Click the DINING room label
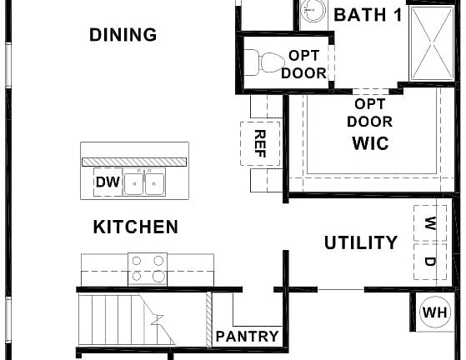[123, 35]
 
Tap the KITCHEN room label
[135, 227]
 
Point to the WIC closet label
[370, 142]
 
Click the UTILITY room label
[361, 243]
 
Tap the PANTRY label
[247, 337]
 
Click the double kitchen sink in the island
[145, 183]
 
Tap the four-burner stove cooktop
[148, 269]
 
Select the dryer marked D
[430, 262]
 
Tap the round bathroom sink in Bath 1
[313, 12]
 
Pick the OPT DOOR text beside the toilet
[303, 64]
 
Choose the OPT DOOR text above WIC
[369, 112]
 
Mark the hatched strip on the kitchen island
[134, 160]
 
